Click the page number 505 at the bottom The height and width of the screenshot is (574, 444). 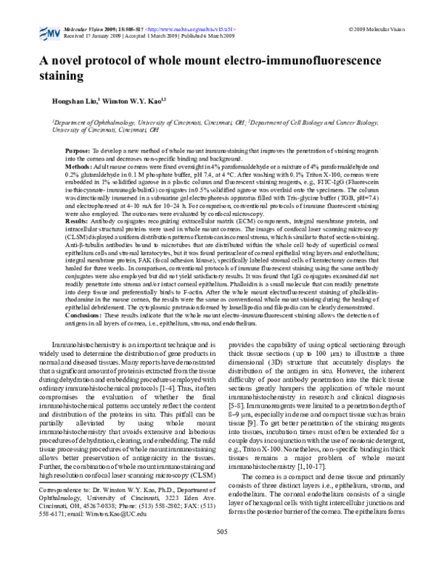point(222,552)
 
